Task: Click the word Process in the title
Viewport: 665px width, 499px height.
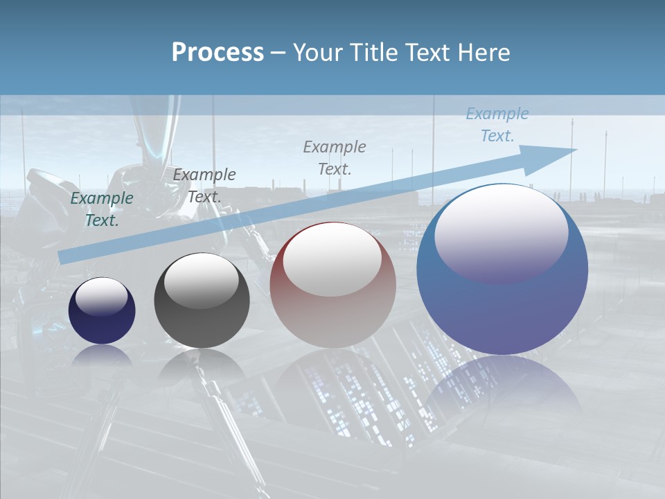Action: pyautogui.click(x=218, y=53)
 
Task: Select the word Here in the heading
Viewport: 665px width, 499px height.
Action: pyautogui.click(x=484, y=53)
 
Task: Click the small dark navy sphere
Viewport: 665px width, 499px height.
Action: pyautogui.click(x=102, y=310)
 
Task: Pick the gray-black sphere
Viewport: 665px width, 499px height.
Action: pyautogui.click(x=202, y=301)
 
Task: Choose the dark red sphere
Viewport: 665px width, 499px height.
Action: pyautogui.click(x=332, y=285)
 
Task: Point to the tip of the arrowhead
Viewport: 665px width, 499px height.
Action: pyautogui.click(x=576, y=150)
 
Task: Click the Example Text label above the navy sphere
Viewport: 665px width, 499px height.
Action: pyautogui.click(x=102, y=209)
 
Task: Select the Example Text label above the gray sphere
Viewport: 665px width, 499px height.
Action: pyautogui.click(x=204, y=186)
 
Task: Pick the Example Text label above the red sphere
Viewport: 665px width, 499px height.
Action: pyautogui.click(x=335, y=157)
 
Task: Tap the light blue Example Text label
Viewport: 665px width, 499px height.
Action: pyautogui.click(x=497, y=125)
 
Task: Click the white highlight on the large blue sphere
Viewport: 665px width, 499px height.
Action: pyautogui.click(x=501, y=231)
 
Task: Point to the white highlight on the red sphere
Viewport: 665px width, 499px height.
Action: pyautogui.click(x=332, y=259)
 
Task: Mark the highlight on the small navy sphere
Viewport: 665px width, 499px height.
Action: pyautogui.click(x=102, y=297)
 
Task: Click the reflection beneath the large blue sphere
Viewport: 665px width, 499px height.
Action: pyautogui.click(x=502, y=385)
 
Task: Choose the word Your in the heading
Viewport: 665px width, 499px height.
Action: pyautogui.click(x=314, y=53)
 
